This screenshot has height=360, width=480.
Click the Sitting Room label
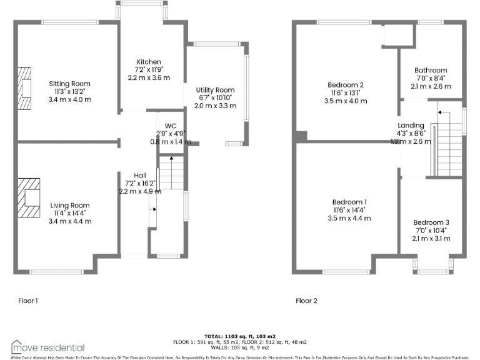point(70,84)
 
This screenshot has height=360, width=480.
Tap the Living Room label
point(70,206)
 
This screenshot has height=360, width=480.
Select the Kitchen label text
point(149,62)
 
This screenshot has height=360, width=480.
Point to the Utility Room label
point(215,90)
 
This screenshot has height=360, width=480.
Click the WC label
point(162,125)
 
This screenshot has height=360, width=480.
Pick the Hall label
point(140,175)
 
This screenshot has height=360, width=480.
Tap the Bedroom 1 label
point(349,202)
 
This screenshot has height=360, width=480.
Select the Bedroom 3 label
point(431,222)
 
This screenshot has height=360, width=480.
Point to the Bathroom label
point(431,71)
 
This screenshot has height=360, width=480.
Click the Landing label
point(411,125)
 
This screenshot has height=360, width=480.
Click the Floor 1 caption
point(28,301)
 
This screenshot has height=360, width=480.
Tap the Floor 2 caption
point(306,301)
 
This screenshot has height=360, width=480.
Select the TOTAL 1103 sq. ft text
point(239,336)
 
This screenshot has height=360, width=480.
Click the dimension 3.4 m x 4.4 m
point(70,221)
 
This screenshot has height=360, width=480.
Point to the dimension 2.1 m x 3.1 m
point(431,238)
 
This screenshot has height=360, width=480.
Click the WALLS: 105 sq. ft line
point(239,347)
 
